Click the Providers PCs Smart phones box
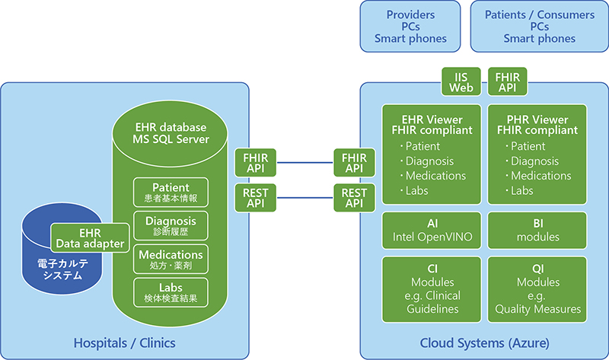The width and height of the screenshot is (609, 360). [410, 27]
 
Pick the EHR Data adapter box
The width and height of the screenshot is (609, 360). [90, 237]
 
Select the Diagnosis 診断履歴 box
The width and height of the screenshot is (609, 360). [171, 226]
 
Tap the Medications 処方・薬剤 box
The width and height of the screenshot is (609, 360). [171, 260]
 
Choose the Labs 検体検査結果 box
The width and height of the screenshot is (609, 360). [171, 293]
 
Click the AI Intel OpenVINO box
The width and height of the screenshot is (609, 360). [432, 231]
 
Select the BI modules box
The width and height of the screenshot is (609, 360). [537, 231]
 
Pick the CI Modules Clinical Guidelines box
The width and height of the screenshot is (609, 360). [432, 290]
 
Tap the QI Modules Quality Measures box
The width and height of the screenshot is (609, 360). [537, 290]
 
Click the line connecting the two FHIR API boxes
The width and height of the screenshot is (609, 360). [305, 162]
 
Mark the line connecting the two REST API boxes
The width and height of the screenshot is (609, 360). [305, 196]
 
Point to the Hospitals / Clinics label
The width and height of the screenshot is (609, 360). [124, 343]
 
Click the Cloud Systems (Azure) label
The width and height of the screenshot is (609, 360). [485, 343]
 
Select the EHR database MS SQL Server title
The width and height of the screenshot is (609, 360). [171, 132]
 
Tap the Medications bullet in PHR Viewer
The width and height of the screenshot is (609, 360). [540, 176]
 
